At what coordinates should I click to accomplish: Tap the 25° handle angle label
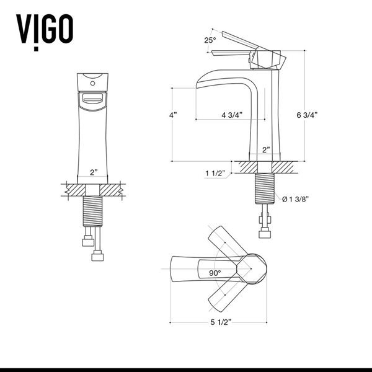pos(210,40)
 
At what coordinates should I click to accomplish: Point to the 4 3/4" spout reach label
pos(231,115)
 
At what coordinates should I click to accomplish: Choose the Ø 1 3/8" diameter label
pos(296,199)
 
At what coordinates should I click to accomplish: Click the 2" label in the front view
pos(94,172)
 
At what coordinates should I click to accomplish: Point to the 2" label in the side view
pos(265,150)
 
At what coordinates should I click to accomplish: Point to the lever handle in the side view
pos(242,44)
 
